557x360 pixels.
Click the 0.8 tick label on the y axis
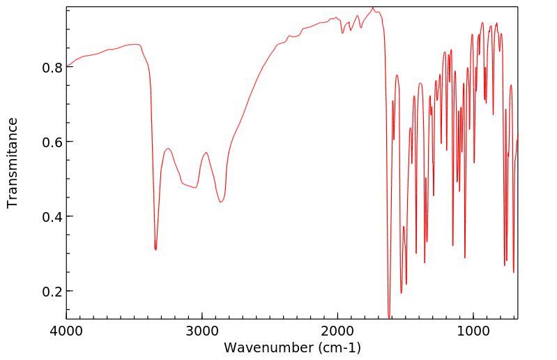coord(53,68)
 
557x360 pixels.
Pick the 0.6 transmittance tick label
coord(53,142)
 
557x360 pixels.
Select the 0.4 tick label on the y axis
coord(53,217)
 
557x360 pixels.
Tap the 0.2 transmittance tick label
coord(53,292)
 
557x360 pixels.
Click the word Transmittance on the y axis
coord(13,163)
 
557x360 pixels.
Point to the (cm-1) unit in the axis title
coord(337,347)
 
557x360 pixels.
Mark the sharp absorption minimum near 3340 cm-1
coord(155,249)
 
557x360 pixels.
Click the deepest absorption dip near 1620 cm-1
coord(389,317)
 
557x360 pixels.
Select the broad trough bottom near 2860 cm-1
coord(220,202)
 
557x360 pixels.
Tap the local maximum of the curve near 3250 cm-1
coord(168,149)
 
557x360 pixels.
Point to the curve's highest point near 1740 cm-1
coord(373,7)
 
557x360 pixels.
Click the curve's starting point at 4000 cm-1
coord(67,66)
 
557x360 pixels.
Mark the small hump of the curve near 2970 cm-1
coord(206,152)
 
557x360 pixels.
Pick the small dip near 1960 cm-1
coord(342,32)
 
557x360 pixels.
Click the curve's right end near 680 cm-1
coord(517,134)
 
